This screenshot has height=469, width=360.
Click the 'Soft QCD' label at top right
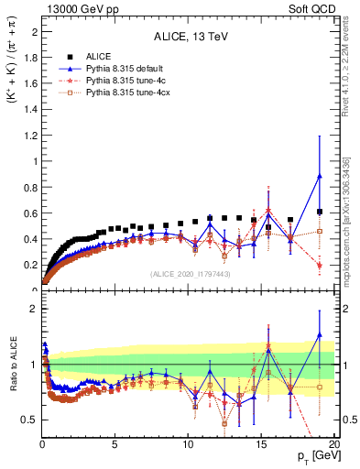pos(313,8)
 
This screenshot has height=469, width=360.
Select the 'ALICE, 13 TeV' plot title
pos(191,38)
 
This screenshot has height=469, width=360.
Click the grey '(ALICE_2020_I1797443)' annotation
pos(190,274)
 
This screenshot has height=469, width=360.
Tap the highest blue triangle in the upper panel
pos(318,177)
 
